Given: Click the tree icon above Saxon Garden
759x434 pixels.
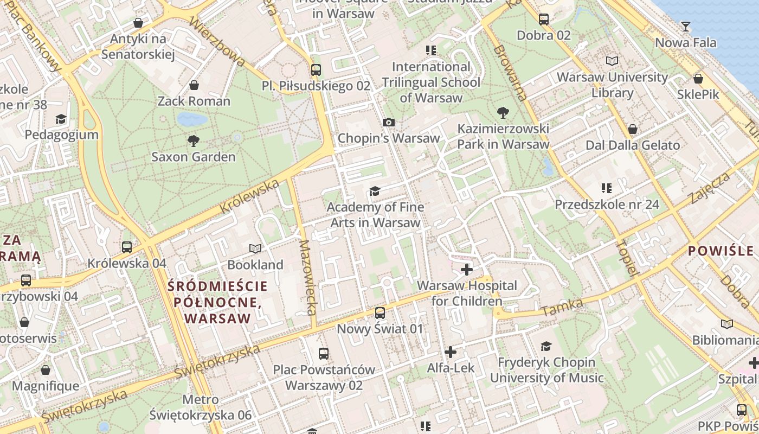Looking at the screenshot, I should [x=193, y=142].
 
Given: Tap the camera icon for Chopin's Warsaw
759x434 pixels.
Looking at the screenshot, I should [x=389, y=123].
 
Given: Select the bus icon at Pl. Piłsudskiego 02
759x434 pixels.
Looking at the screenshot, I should [x=316, y=70].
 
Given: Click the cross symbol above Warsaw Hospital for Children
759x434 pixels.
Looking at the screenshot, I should [x=467, y=270].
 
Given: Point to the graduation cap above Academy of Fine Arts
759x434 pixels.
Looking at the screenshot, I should [x=375, y=191].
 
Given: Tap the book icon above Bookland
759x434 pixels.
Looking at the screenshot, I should [x=255, y=249].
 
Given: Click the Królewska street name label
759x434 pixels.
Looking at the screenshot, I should [x=250, y=196].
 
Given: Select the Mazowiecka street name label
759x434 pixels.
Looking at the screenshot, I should [x=307, y=277].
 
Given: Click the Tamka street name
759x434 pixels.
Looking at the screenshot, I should [x=562, y=308].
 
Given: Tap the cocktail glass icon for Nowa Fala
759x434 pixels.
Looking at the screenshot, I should [x=686, y=27].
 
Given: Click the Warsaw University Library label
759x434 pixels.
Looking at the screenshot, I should [x=613, y=85].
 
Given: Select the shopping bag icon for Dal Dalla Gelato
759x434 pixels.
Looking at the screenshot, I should [x=632, y=130].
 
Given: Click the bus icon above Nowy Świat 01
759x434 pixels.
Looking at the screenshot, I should [x=380, y=313].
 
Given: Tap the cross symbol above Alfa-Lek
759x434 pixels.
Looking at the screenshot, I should [x=450, y=352].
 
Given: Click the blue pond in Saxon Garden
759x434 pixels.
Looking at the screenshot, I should [x=192, y=119].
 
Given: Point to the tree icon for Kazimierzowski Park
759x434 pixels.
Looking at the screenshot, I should [x=503, y=113].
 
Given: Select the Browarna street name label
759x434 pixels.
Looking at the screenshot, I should [x=510, y=73].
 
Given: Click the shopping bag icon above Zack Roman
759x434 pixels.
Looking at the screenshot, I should [x=194, y=85].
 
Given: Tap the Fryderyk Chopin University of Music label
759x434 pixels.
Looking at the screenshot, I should [x=546, y=370].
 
